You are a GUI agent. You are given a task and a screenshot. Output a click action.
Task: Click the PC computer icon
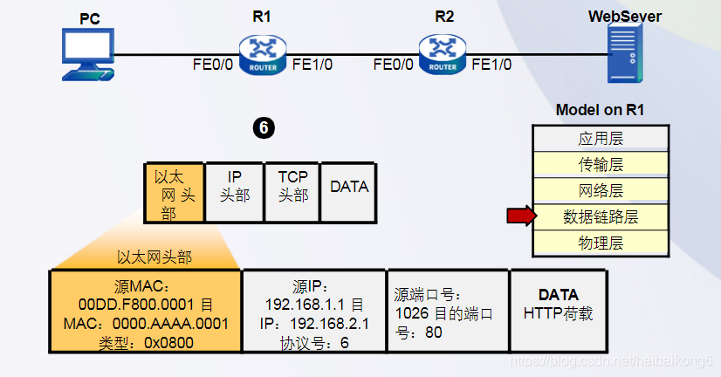point(87,55)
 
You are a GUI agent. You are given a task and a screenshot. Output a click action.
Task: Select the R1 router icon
point(263,54)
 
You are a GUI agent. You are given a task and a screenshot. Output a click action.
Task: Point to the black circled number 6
point(264,128)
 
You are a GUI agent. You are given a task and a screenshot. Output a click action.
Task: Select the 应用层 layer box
point(601,139)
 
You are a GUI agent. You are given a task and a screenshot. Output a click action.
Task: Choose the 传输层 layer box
point(601,165)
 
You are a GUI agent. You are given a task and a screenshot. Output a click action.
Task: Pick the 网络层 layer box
point(601,190)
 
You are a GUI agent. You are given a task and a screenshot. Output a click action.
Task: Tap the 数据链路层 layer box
point(601,216)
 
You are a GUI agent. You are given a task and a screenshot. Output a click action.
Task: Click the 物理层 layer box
point(601,243)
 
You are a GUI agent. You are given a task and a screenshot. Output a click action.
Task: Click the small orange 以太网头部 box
point(173,194)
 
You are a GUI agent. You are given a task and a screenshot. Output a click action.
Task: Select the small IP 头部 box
point(233,194)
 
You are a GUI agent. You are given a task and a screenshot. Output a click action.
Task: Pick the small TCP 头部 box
point(292,194)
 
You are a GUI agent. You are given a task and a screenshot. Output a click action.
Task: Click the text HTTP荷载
point(558,313)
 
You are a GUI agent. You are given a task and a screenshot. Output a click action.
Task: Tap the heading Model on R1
point(600,110)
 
